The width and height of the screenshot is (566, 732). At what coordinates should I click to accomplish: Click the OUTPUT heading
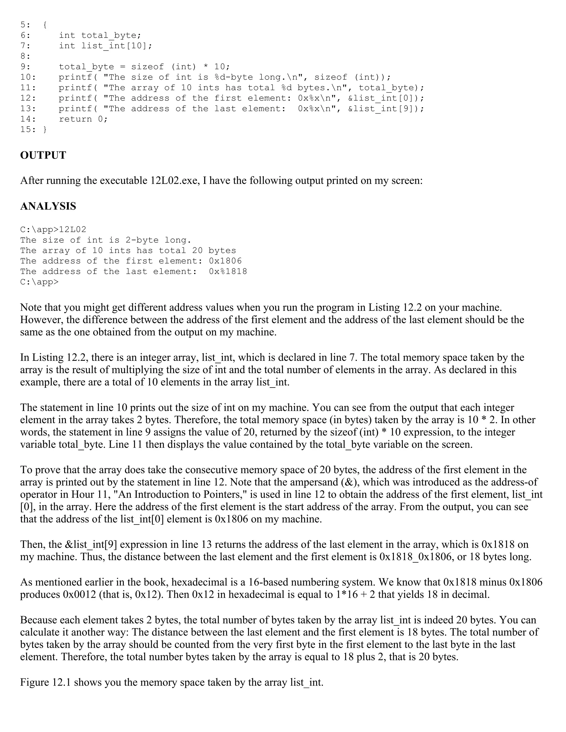[43, 156]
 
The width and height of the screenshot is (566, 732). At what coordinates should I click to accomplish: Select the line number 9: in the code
[25, 67]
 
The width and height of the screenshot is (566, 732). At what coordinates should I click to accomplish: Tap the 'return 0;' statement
[83, 119]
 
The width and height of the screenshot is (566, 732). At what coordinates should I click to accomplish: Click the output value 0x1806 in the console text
[225, 261]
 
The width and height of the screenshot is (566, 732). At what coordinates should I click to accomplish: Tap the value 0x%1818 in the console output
[228, 271]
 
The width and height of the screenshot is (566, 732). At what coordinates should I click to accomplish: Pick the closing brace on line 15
[45, 129]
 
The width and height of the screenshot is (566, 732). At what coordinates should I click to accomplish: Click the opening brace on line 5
[45, 25]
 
